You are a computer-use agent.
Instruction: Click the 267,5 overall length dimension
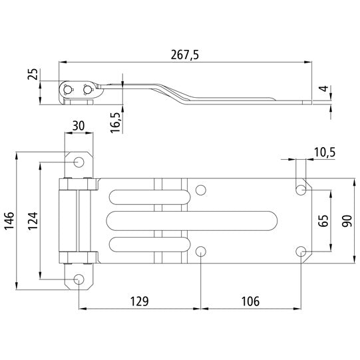pyautogui.click(x=184, y=55)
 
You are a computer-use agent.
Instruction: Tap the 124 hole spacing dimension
pyautogui.click(x=34, y=220)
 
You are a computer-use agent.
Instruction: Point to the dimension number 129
pyautogui.click(x=138, y=301)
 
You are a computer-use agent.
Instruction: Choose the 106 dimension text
pyautogui.click(x=250, y=301)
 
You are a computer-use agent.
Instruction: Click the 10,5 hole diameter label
pyautogui.click(x=323, y=153)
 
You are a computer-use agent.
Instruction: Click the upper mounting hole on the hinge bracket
pyautogui.click(x=79, y=162)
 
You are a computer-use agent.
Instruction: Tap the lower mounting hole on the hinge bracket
pyautogui.click(x=79, y=279)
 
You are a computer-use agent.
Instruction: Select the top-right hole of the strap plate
pyautogui.click(x=301, y=190)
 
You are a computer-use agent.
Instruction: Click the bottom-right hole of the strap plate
pyautogui.click(x=301, y=251)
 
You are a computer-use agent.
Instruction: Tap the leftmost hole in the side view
pyautogui.click(x=69, y=89)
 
